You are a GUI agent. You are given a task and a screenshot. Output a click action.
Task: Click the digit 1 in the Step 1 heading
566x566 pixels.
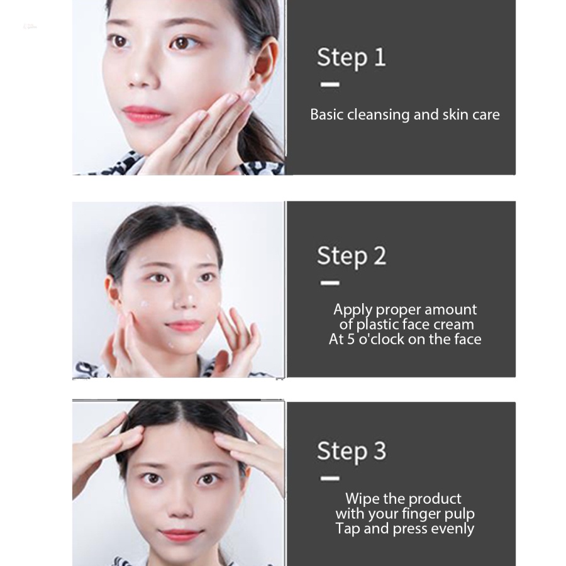(379, 57)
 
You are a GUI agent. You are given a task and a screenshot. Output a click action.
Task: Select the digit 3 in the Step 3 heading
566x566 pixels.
(379, 451)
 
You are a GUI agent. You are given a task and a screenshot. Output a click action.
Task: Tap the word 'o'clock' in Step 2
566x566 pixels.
(396, 339)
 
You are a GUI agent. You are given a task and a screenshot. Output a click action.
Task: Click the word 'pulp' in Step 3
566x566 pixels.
(459, 513)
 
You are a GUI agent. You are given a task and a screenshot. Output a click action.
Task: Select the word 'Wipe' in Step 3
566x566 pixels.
(362, 499)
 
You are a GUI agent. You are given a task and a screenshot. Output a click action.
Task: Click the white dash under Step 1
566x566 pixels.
(330, 84)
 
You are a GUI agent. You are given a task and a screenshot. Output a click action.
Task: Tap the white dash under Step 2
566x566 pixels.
(330, 283)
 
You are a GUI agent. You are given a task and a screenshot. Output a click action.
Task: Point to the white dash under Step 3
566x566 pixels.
(330, 478)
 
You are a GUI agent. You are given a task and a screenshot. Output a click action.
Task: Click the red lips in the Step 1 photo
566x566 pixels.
(146, 115)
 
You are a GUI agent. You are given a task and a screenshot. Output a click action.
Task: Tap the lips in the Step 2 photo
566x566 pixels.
(184, 325)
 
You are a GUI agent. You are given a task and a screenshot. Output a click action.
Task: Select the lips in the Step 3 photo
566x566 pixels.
(181, 535)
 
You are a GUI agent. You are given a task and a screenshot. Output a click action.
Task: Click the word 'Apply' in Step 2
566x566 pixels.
(352, 310)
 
